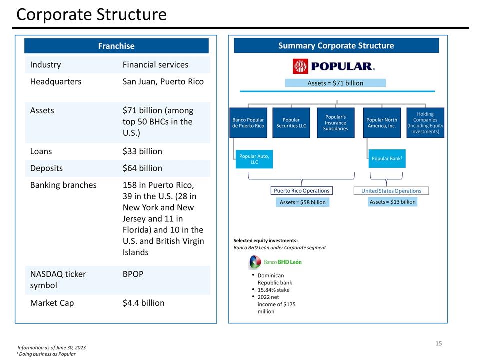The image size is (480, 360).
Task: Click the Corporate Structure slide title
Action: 91,15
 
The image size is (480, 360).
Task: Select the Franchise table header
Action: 116,46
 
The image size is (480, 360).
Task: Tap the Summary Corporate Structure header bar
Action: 336,46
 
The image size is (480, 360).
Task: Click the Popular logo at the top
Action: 333,66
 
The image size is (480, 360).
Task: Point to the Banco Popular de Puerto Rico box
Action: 248,123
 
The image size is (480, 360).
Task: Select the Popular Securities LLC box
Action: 291,123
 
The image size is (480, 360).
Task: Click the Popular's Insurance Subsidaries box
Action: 335,123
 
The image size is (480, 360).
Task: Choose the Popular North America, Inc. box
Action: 382,123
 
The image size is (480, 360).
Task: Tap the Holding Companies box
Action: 425,123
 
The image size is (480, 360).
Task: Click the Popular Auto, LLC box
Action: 254,159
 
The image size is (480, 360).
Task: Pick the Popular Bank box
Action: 387,158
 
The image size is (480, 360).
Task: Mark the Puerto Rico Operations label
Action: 301,191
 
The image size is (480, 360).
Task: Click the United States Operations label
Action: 391,191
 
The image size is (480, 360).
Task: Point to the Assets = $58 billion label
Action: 302,202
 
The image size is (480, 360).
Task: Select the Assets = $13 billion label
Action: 392,202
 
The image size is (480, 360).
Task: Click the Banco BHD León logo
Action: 275,262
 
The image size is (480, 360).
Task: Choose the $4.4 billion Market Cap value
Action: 143,303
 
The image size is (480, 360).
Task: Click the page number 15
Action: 438,343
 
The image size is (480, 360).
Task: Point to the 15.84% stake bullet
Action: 273,290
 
